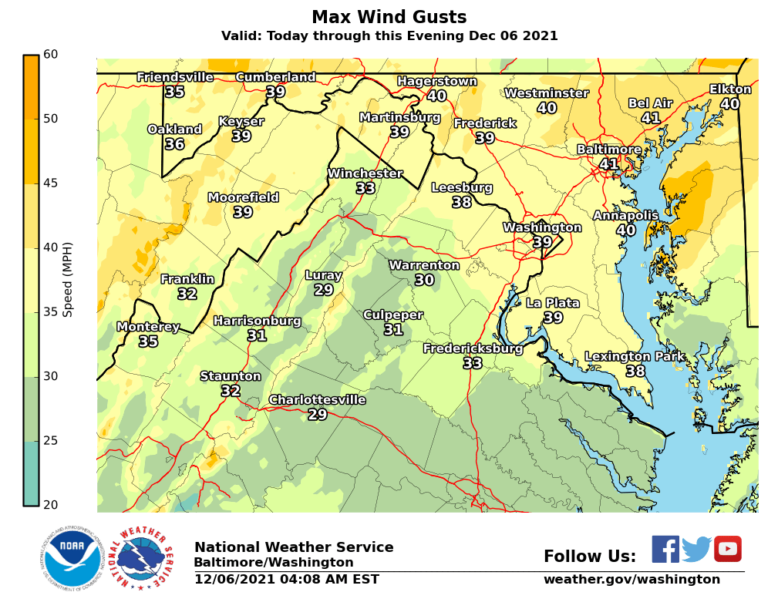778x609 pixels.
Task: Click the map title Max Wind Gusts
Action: pos(389,17)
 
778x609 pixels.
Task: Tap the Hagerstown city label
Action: pos(436,81)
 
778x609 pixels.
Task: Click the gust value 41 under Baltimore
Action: pos(608,164)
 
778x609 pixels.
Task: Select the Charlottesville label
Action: pos(317,399)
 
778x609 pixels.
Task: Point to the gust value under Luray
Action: pos(323,290)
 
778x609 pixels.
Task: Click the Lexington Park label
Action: pos(635,356)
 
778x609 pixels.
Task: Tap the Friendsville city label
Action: pos(175,77)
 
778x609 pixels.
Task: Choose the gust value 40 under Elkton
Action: pos(729,104)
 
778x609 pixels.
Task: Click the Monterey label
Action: pos(148,327)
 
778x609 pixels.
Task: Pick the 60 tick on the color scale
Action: pos(50,54)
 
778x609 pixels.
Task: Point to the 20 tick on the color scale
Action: pos(50,505)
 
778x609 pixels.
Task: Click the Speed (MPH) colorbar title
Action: pos(68,279)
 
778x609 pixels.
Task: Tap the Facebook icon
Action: pos(665,549)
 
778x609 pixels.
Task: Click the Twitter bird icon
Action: pos(696,549)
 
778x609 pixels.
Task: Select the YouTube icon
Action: pos(727,549)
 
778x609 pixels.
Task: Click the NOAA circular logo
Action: pos(72,557)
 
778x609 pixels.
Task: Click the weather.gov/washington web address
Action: pos(631,579)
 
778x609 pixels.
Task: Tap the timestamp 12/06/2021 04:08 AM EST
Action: pos(286,579)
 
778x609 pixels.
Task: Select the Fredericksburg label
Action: pos(473,348)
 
